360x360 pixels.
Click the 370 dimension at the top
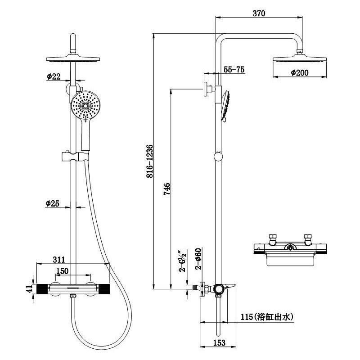[259, 13]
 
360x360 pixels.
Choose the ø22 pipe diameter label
[53, 76]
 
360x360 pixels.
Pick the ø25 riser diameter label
[53, 203]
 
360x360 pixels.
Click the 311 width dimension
[58, 260]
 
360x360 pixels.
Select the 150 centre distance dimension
[62, 271]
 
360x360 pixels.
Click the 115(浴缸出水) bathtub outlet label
[267, 317]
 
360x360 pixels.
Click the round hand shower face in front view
[84, 106]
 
